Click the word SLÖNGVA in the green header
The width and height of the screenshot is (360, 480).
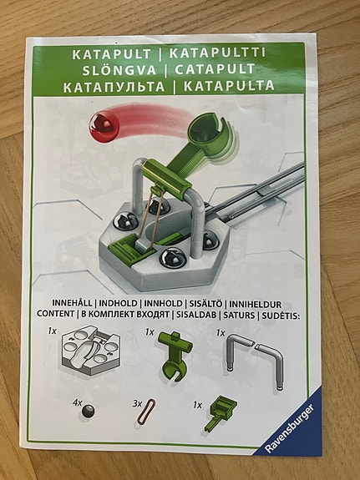(x=119, y=70)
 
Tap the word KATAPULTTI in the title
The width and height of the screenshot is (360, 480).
(x=217, y=53)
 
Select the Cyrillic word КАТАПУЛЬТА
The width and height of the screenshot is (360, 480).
(x=114, y=87)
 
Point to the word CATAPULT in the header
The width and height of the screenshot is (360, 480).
(x=215, y=69)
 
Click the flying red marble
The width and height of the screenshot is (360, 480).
(x=104, y=127)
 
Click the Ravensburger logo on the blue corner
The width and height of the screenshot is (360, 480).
(x=290, y=428)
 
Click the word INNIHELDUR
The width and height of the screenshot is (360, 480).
(x=256, y=305)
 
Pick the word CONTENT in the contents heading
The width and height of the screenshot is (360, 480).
(x=55, y=314)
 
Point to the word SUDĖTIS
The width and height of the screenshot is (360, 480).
(x=281, y=316)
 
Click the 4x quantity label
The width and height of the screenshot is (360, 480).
(x=77, y=403)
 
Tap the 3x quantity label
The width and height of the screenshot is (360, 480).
(x=137, y=404)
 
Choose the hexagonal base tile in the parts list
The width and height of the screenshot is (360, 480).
(x=91, y=349)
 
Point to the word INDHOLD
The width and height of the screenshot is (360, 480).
(x=118, y=303)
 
